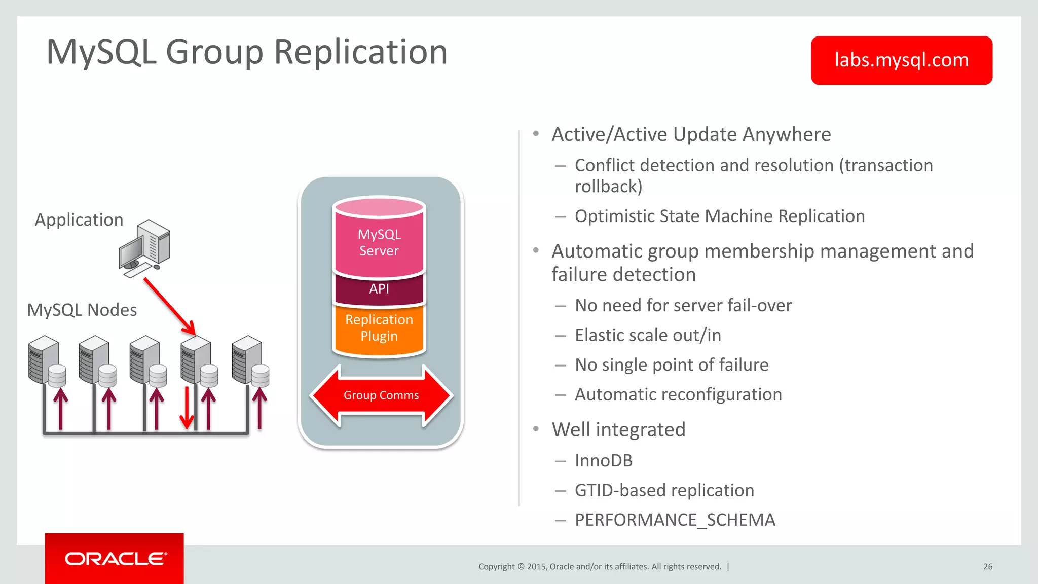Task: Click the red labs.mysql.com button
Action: click(x=901, y=60)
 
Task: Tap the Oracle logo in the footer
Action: click(x=115, y=558)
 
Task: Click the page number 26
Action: click(x=988, y=567)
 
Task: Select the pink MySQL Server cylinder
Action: click(x=379, y=238)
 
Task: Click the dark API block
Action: click(x=379, y=289)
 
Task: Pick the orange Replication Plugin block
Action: click(x=379, y=328)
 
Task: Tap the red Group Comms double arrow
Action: click(x=381, y=395)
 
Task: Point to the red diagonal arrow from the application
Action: click(x=169, y=306)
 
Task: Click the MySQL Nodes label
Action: click(x=82, y=310)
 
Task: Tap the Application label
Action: click(x=79, y=220)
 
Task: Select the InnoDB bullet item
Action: click(x=603, y=461)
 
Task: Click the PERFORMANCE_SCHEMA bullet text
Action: click(x=675, y=520)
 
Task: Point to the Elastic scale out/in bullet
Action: click(x=648, y=335)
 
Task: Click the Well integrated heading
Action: click(x=618, y=430)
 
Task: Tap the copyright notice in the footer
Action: click(x=600, y=567)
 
